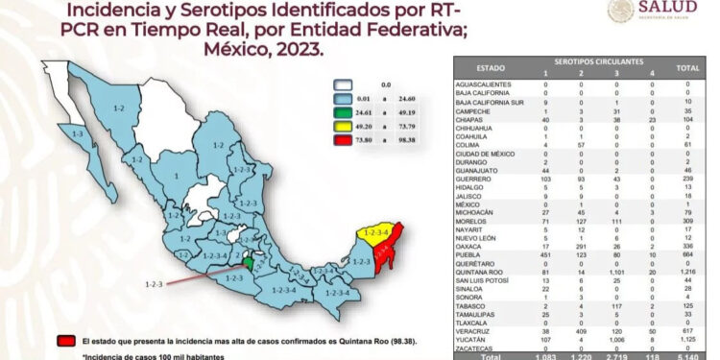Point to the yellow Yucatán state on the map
pos(370,233)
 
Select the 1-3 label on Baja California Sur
pos(77,134)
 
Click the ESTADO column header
pos(491,68)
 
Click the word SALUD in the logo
pos(684,10)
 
